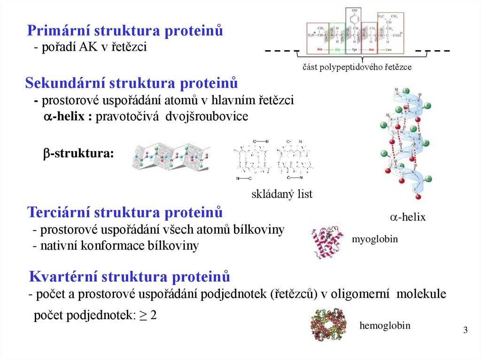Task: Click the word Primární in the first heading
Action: (59, 31)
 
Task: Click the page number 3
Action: (465, 330)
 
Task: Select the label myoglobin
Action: (374, 239)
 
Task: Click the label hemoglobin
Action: (385, 325)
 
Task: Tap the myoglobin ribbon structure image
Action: (329, 242)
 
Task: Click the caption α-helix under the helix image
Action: (407, 217)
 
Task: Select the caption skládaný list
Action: (282, 194)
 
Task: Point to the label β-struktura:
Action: (78, 154)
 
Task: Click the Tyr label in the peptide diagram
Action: (353, 49)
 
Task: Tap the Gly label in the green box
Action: (337, 49)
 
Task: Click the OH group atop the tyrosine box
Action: (353, 10)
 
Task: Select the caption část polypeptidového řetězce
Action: (357, 67)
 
